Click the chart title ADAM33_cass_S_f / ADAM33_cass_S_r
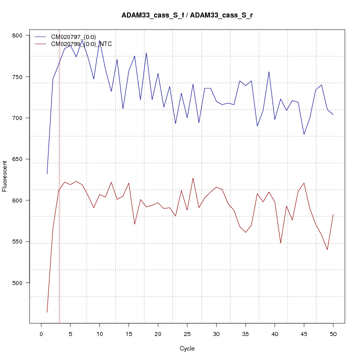pyautogui.click(x=187, y=15)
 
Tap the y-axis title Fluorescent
pyautogui.click(x=5, y=176)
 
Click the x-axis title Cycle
pyautogui.click(x=187, y=348)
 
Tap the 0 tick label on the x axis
pyautogui.click(x=41, y=334)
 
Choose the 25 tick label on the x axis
pyautogui.click(x=187, y=334)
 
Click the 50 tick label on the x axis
pyautogui.click(x=333, y=334)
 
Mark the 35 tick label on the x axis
pyautogui.click(x=245, y=334)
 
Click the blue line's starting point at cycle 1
pyautogui.click(x=47, y=173)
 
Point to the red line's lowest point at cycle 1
pyautogui.click(x=47, y=312)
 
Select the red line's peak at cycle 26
pyautogui.click(x=193, y=178)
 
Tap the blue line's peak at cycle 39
pyautogui.click(x=269, y=71)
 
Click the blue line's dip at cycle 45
pyautogui.click(x=304, y=134)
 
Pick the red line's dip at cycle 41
pyautogui.click(x=280, y=243)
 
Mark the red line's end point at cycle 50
pyautogui.click(x=333, y=214)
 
